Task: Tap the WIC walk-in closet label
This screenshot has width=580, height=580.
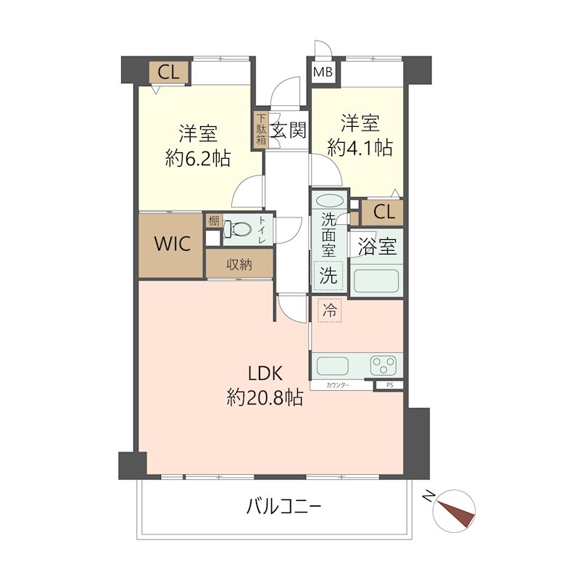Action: [x=172, y=244]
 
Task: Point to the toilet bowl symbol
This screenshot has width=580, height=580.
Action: [x=237, y=230]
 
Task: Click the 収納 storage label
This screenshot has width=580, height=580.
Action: [x=239, y=265]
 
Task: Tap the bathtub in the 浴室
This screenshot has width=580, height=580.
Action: [x=376, y=281]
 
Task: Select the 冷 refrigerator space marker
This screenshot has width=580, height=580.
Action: [x=329, y=312]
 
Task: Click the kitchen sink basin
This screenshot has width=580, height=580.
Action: [x=335, y=365]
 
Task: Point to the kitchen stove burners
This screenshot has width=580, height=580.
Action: [x=384, y=365]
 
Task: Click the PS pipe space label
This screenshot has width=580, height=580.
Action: [x=389, y=386]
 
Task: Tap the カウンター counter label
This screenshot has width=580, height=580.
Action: [x=338, y=386]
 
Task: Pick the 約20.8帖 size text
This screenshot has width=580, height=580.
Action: [x=265, y=397]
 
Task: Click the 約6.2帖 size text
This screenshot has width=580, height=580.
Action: [x=197, y=157]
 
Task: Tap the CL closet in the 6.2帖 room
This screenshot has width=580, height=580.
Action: [x=168, y=72]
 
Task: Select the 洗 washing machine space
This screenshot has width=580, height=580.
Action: [x=328, y=275]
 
